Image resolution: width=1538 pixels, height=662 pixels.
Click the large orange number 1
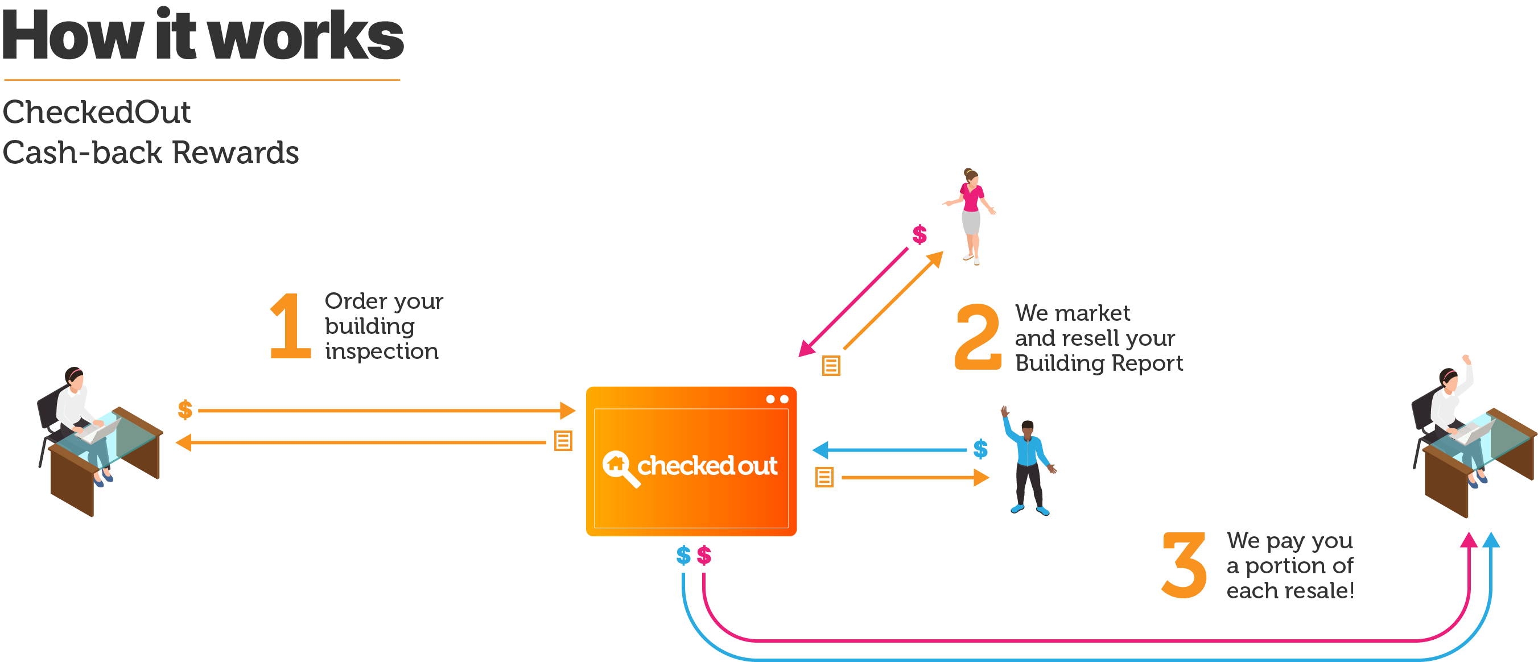[x=291, y=326]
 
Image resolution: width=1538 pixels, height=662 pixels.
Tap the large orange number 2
[x=978, y=337]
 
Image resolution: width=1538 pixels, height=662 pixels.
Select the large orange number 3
[x=1184, y=565]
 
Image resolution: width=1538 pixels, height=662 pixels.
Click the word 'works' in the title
[x=306, y=36]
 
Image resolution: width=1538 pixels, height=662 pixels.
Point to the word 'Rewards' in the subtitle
[x=236, y=152]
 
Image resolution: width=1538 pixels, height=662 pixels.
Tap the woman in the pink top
[x=970, y=216]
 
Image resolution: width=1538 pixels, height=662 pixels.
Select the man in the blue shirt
[x=1029, y=460]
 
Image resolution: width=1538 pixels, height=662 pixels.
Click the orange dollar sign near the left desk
[x=185, y=409]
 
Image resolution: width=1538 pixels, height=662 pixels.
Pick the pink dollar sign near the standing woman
[x=919, y=234]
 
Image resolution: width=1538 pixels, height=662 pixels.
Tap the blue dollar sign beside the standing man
[x=980, y=448]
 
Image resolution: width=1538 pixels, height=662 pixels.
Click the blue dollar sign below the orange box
[x=683, y=555]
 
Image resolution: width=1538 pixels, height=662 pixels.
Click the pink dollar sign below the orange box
[x=704, y=555]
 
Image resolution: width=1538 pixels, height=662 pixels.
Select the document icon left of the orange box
[x=563, y=441]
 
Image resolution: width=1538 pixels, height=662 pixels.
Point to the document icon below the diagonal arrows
[x=831, y=365]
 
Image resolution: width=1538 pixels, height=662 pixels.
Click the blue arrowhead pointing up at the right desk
[x=1491, y=540]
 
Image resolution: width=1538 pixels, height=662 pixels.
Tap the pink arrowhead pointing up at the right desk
[x=1469, y=540]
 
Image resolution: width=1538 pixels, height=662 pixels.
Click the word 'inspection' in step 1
[x=382, y=351]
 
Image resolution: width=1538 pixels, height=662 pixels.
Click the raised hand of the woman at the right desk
[x=1466, y=359]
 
